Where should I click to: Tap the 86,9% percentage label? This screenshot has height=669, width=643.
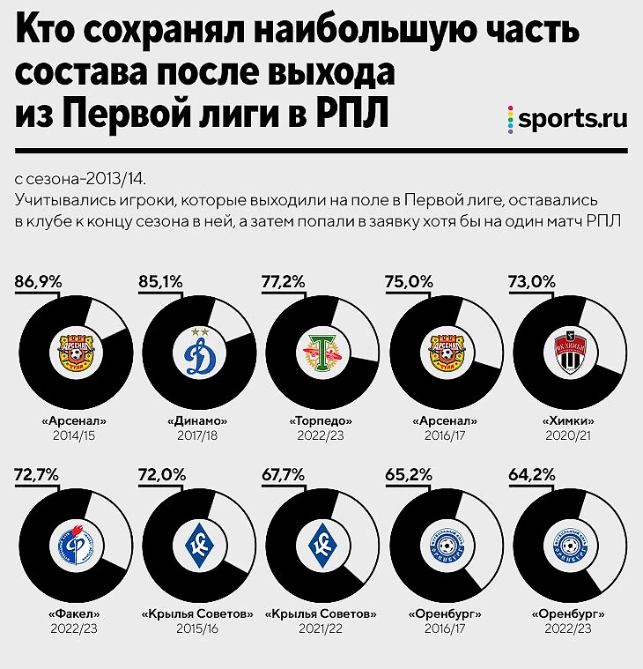pos(38,282)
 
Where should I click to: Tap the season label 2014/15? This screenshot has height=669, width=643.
pos(74,435)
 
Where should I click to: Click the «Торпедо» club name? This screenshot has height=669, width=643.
pos(321,421)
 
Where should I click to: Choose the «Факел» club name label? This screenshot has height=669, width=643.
pos(74,614)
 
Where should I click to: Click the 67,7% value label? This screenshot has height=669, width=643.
pos(285,474)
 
